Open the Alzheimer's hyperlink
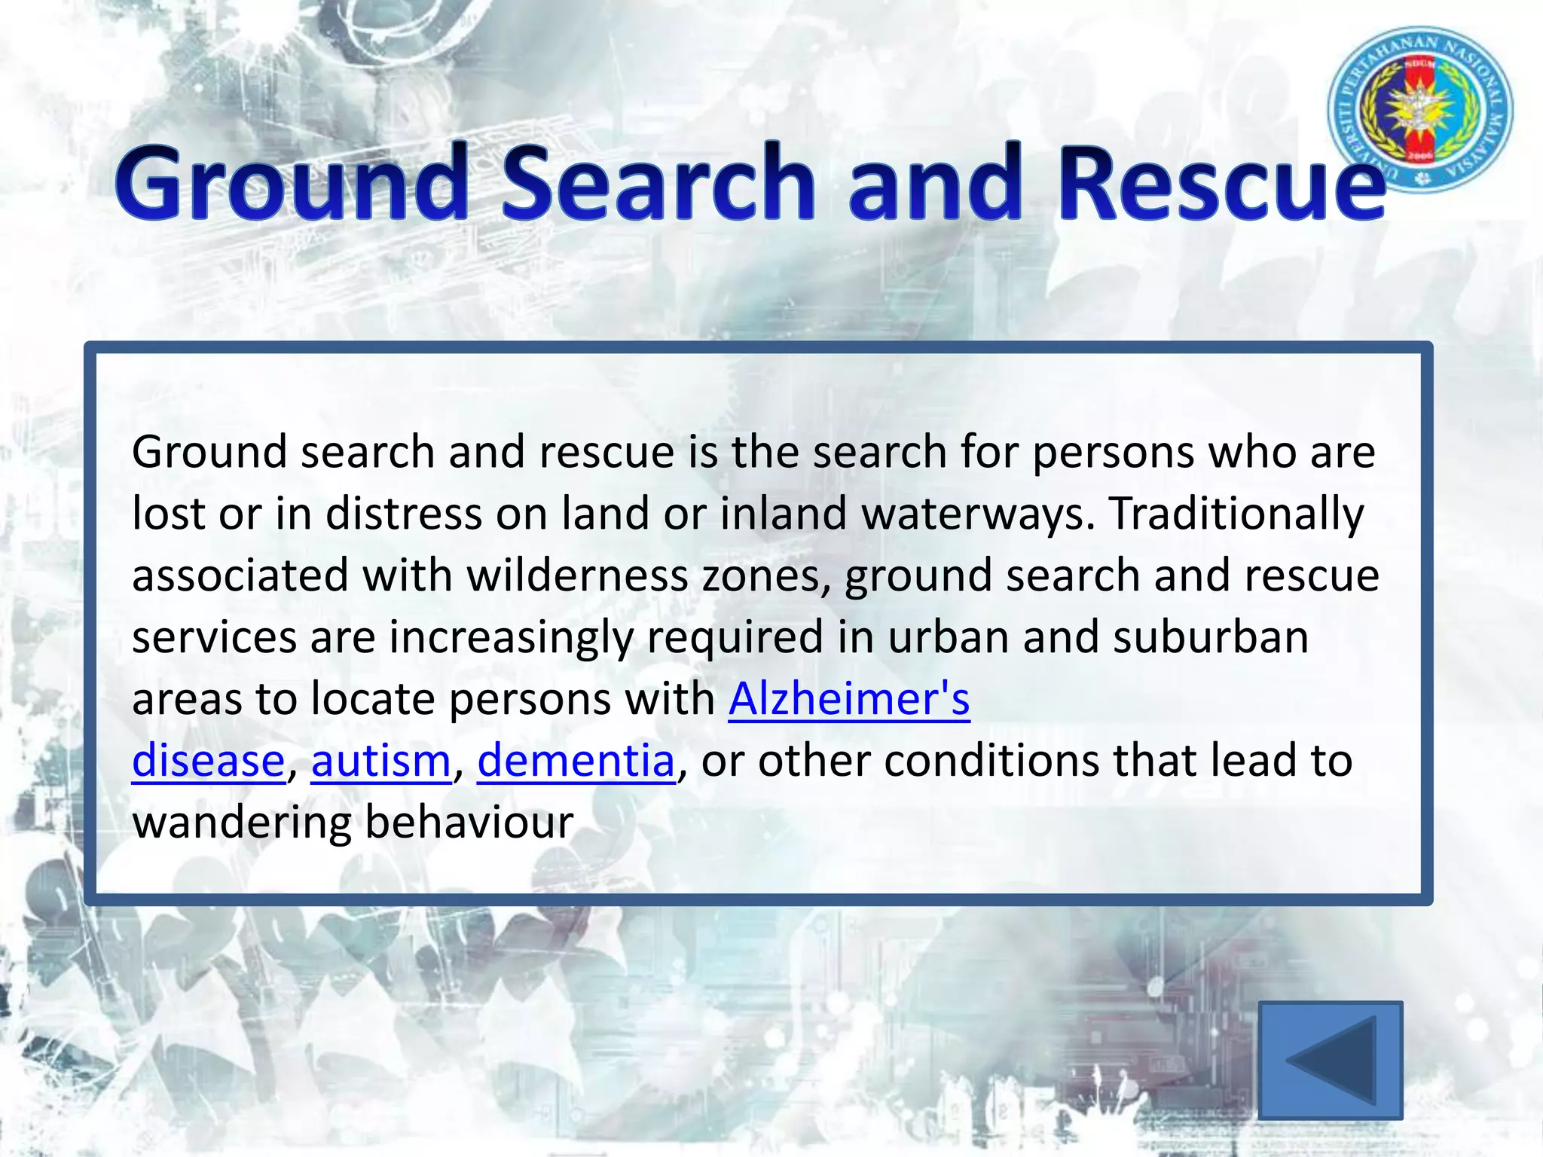point(848,699)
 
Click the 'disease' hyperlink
point(208,761)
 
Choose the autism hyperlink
point(380,761)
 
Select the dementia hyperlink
point(576,761)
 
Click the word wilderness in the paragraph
point(577,576)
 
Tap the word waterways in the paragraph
point(977,514)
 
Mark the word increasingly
point(511,638)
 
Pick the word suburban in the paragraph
point(1210,638)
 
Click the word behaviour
point(469,823)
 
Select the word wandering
point(241,823)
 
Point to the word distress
point(403,514)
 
